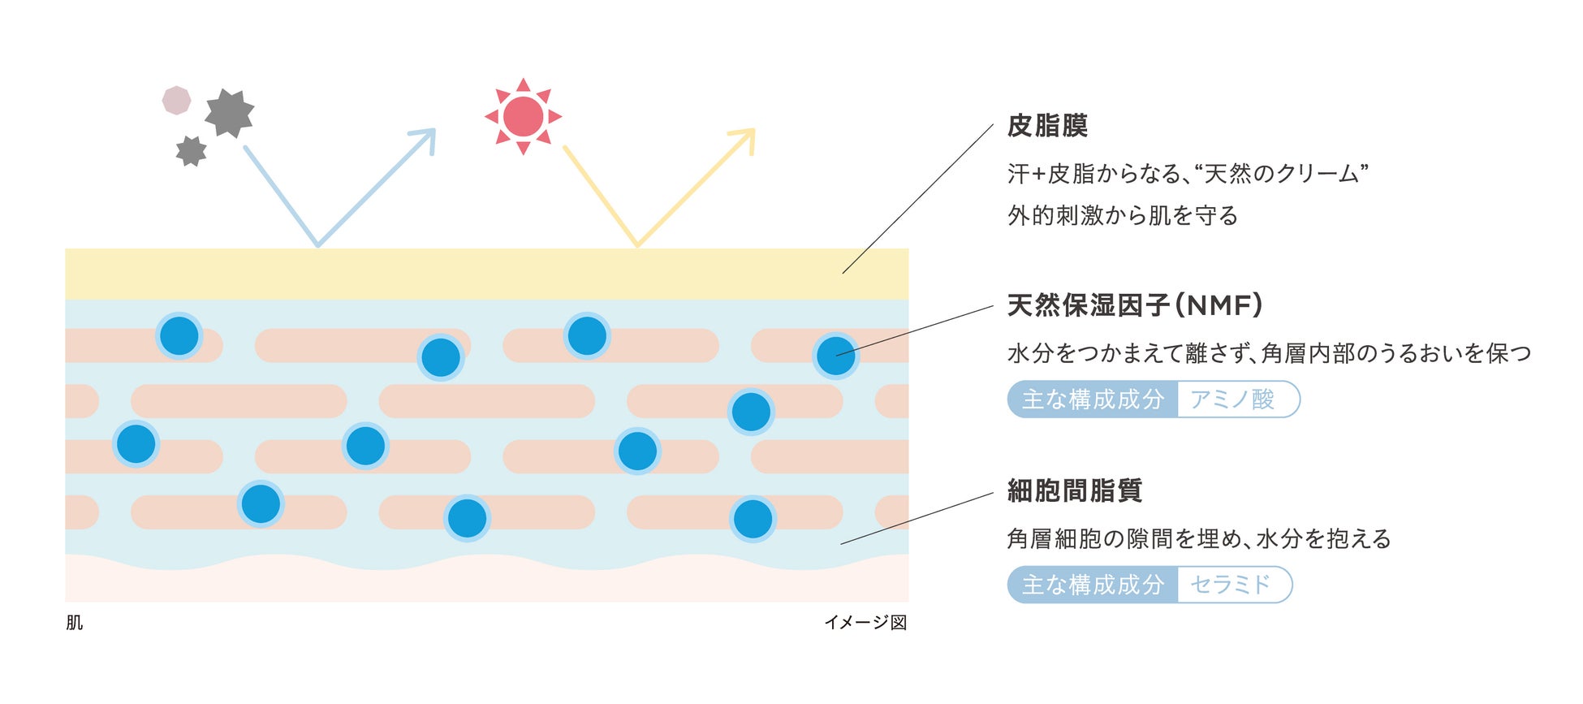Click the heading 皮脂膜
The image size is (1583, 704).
[x=1047, y=126]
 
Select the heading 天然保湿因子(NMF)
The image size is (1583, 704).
[x=1135, y=305]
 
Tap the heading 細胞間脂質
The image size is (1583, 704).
[x=1075, y=490]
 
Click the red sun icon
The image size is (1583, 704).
[x=523, y=116]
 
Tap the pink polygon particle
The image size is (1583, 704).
[x=176, y=101]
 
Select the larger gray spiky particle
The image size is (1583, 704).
[x=230, y=113]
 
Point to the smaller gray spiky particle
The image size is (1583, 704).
[x=191, y=151]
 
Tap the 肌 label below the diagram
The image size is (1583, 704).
[x=74, y=623]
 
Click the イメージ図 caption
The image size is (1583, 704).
[x=865, y=623]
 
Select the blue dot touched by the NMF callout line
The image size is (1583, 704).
[x=835, y=356]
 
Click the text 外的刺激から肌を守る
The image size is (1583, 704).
[x=1123, y=215]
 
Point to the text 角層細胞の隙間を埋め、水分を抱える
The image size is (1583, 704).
[x=1199, y=538]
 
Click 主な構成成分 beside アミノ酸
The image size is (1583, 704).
[x=1093, y=400]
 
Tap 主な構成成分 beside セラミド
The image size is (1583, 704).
[x=1093, y=585]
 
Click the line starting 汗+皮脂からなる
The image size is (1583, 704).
[x=1188, y=173]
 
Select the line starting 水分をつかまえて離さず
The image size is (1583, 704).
[x=1270, y=353]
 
